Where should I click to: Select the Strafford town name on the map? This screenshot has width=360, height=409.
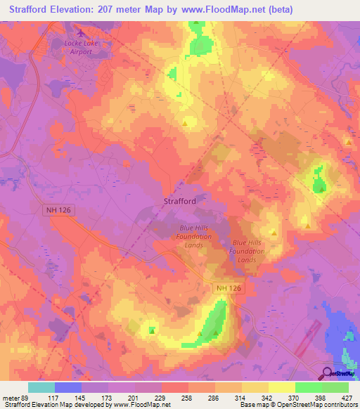(180, 201)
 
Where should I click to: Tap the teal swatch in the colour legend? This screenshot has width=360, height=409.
(41, 387)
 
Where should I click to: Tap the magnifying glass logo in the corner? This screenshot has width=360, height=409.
(328, 373)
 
